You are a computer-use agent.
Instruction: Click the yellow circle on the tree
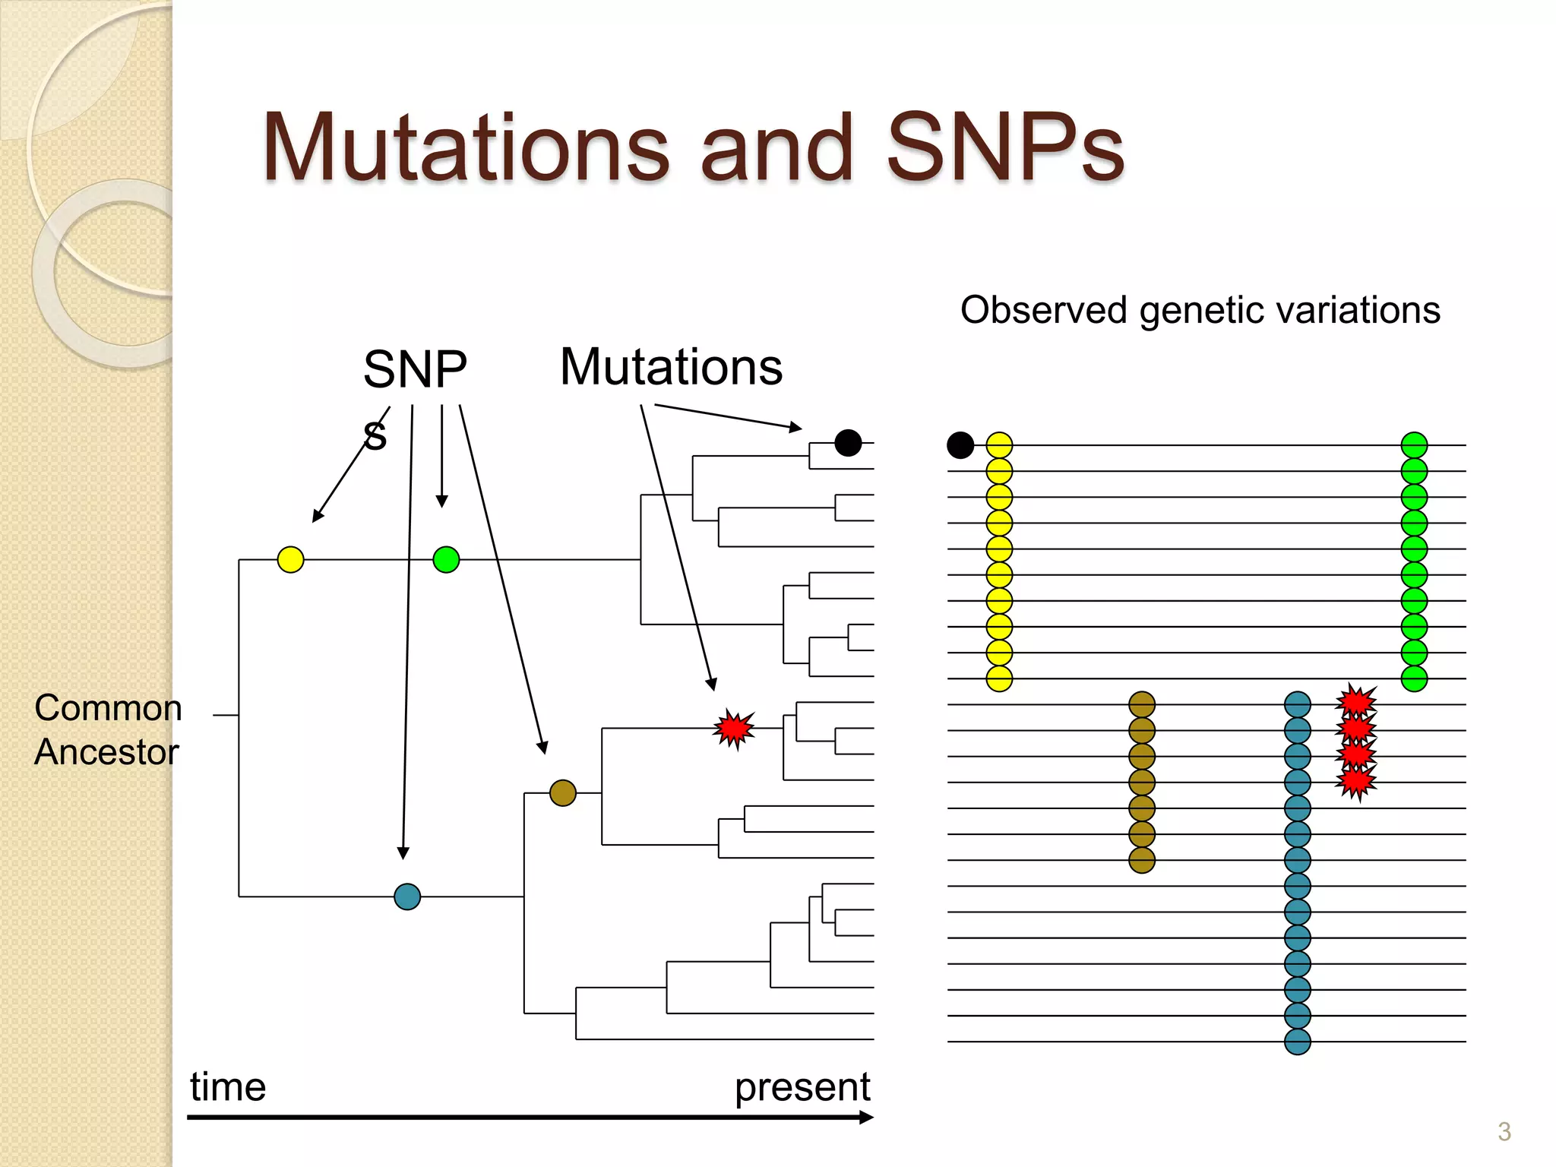coord(290,559)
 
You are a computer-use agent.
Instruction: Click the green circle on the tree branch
coord(446,559)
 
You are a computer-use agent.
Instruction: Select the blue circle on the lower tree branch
coord(407,897)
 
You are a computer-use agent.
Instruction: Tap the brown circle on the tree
coord(562,792)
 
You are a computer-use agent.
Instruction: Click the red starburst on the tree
coord(734,729)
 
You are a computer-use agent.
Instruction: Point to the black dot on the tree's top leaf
coord(848,442)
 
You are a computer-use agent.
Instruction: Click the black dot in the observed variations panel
coord(960,444)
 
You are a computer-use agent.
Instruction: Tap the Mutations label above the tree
coord(671,367)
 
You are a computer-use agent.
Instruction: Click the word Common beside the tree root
coord(108,708)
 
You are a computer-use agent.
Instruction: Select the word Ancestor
coord(106,752)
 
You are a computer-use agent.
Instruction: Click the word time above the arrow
coord(228,1086)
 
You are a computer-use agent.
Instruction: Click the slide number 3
coord(1504,1132)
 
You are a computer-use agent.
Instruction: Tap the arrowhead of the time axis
coord(866,1117)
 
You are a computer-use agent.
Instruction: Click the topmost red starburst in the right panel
coord(1356,701)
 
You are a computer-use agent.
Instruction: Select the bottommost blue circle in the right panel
coord(1297,1041)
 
